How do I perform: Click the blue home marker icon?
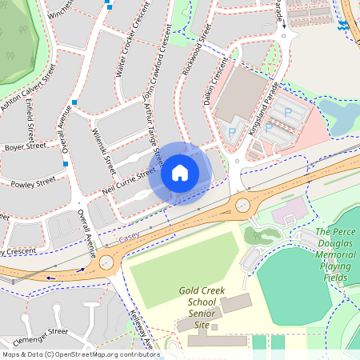[x=180, y=173]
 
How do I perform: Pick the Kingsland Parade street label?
[x=266, y=112]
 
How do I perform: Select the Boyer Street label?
[x=25, y=147]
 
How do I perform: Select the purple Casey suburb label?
[x=128, y=238]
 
